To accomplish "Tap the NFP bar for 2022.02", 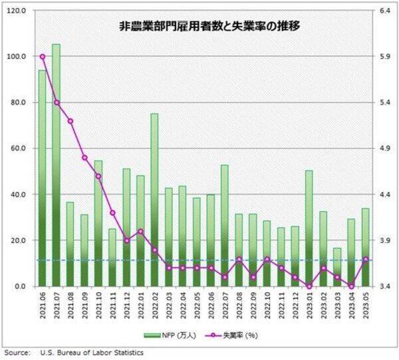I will [154, 199].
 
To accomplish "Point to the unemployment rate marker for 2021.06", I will [43, 56].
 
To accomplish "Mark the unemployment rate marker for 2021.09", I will [84, 157].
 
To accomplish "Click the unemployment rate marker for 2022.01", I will [140, 231].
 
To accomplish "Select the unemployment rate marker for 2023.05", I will [365, 259].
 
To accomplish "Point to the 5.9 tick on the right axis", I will [384, 56].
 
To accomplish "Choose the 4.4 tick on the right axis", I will [384, 195].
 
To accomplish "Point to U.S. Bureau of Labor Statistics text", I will [92, 353].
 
